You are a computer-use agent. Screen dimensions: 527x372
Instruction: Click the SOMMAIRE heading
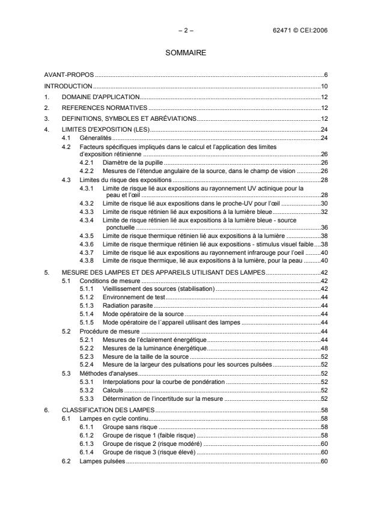[x=186, y=53]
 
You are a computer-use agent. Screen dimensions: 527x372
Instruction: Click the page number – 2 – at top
[x=186, y=29]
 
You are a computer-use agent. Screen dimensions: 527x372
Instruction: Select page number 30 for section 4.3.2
[x=323, y=204]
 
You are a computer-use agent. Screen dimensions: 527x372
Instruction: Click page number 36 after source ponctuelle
[x=323, y=228]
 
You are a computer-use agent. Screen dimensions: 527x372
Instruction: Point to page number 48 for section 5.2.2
[x=323, y=348]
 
